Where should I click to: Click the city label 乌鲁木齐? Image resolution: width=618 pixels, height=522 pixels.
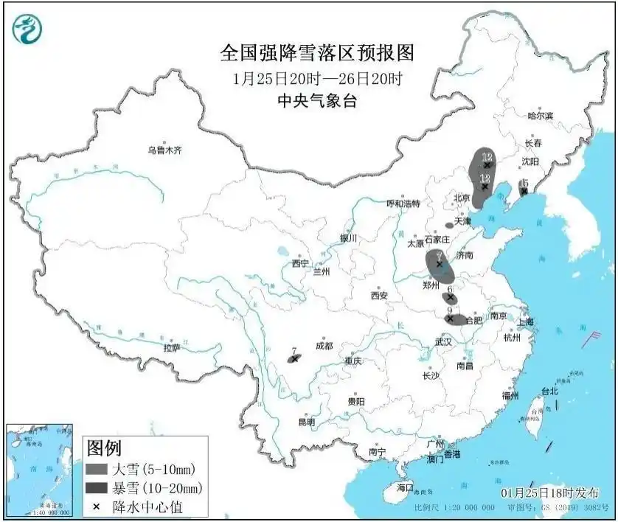164,150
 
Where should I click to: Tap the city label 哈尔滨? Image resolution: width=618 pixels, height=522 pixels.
540,116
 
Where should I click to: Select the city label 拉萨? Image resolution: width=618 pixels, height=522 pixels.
171,347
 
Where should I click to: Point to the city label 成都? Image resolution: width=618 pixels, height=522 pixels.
323,346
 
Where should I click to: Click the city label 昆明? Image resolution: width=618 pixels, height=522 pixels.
305,422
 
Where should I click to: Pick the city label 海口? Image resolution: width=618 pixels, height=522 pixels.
405,488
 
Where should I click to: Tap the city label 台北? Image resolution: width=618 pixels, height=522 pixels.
549,391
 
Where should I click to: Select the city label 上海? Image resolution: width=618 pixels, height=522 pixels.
526,321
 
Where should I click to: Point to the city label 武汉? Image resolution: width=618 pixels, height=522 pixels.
443,341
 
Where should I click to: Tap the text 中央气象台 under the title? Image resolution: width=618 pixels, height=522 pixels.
316,101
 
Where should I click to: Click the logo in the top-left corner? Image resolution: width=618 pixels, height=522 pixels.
28,27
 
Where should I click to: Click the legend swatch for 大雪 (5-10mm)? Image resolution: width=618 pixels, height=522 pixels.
97,469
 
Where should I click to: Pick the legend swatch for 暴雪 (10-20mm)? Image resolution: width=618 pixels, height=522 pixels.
97,487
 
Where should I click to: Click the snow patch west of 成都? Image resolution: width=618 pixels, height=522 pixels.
294,359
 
